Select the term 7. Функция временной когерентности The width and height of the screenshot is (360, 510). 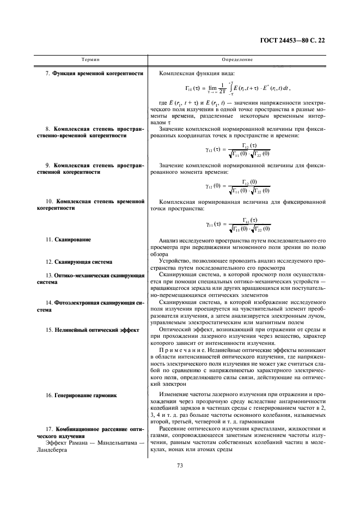click(x=94, y=73)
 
